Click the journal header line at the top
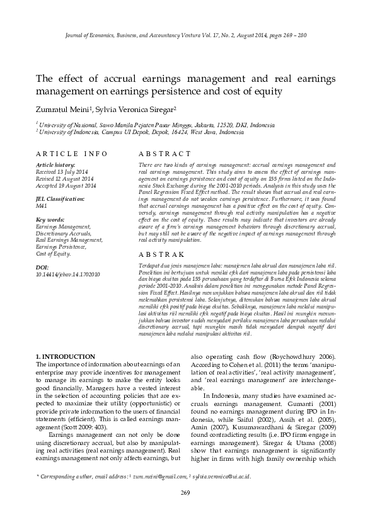point(187,36)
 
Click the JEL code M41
point(42,205)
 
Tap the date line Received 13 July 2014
point(62,171)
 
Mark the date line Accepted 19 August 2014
point(66,186)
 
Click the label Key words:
point(50,220)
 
